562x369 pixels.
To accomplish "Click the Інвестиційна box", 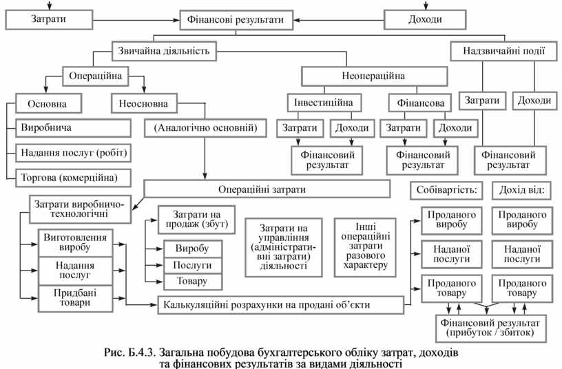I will point(323,102).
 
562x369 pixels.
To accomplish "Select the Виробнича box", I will point(73,128).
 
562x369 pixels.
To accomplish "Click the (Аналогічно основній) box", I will point(205,127).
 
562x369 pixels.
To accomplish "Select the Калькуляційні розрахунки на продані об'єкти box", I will point(280,304).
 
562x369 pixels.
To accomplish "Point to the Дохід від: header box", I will point(521,189).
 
